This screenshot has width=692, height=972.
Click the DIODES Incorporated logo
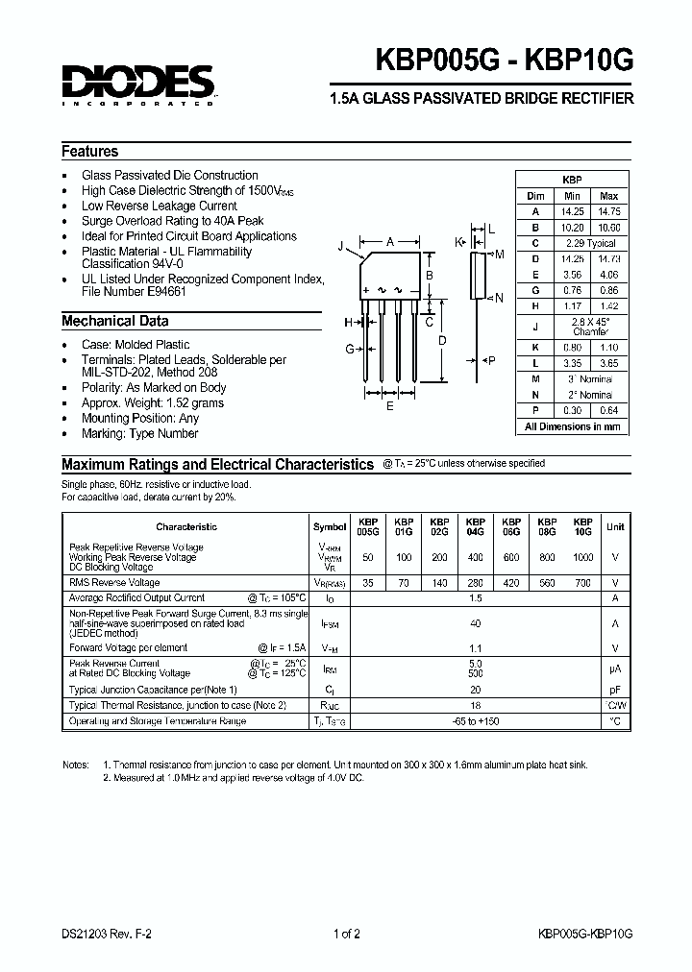tap(139, 85)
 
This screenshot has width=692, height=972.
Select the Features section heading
tap(90, 152)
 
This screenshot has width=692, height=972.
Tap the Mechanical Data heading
tap(115, 322)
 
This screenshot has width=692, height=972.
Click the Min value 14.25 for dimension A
tap(572, 211)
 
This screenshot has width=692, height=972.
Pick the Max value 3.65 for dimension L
tap(608, 365)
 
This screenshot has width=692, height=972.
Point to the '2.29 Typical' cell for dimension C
tap(590, 243)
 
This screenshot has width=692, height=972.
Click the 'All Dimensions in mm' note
tap(573, 426)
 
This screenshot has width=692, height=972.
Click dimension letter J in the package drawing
tap(340, 247)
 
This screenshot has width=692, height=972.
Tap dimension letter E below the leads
tap(389, 406)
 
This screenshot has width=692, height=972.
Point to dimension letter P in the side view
tap(492, 360)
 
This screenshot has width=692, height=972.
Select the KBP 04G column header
tap(475, 526)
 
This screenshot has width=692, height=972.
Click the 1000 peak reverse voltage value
tap(582, 557)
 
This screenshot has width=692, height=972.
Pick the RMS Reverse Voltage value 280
tap(475, 582)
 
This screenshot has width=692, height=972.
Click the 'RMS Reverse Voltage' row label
tap(114, 582)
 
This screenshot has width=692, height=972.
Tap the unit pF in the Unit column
tap(615, 690)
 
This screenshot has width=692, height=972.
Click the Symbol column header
tap(330, 526)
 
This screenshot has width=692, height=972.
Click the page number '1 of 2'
tap(345, 934)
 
